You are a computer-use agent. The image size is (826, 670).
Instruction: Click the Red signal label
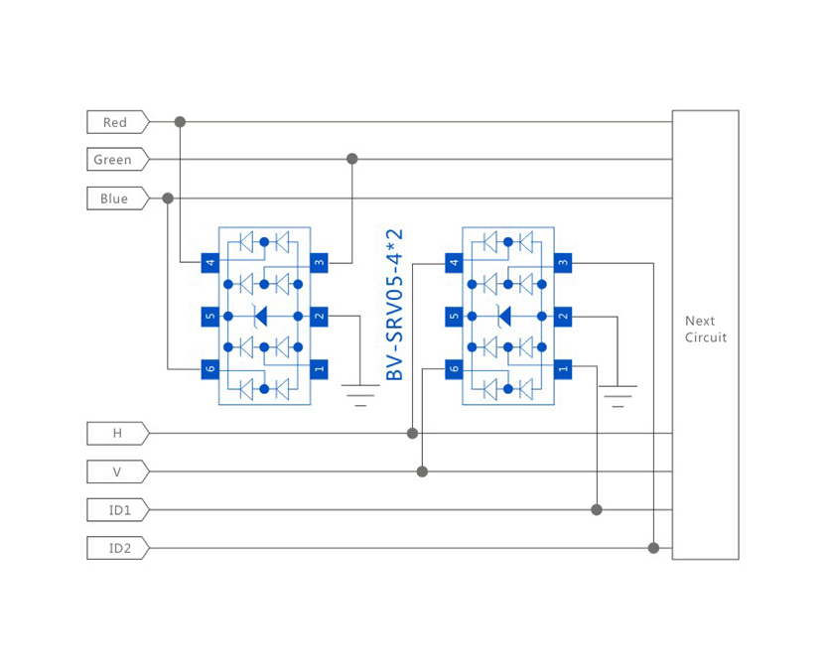[116, 122]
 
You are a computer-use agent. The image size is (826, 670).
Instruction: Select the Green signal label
[114, 160]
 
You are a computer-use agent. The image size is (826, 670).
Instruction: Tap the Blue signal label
[115, 199]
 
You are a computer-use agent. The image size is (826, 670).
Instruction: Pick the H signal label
[116, 434]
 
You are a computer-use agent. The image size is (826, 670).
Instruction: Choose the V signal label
[116, 471]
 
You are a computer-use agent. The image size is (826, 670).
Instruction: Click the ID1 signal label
[116, 510]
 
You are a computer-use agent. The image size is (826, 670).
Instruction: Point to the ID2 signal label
[116, 548]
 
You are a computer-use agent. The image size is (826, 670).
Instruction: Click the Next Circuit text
[705, 330]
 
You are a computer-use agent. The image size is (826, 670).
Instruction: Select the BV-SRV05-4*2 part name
[395, 305]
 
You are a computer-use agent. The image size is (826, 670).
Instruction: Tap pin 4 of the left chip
[209, 263]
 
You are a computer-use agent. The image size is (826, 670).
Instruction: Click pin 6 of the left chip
[209, 369]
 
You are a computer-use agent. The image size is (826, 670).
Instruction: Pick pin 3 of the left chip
[319, 263]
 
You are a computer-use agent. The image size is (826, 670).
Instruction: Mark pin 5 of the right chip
[454, 318]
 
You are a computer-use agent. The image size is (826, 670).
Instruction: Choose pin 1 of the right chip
[563, 369]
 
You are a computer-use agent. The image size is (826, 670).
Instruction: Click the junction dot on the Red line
[180, 122]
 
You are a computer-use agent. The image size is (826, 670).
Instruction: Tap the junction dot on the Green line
[351, 159]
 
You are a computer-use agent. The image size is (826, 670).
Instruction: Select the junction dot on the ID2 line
[653, 548]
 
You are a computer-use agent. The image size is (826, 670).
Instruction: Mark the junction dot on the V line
[422, 471]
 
